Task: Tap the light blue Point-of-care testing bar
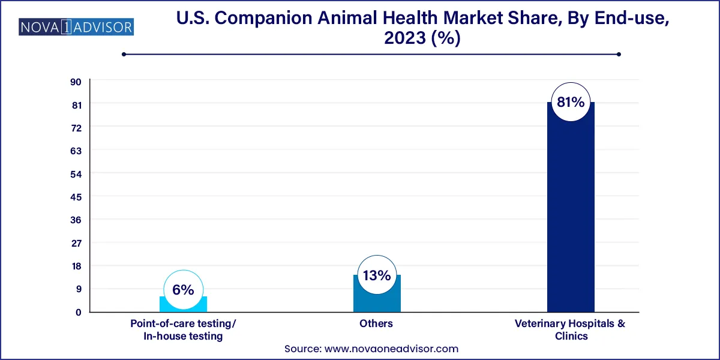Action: tap(183, 305)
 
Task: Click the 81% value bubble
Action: tap(571, 103)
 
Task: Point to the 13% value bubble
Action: tap(377, 276)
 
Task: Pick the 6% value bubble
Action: tap(183, 290)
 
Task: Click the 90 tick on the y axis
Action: tap(77, 82)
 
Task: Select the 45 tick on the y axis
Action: tap(77, 197)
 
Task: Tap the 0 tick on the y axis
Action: tap(78, 312)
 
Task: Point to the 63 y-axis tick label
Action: tap(77, 151)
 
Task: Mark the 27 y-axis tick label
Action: tap(77, 243)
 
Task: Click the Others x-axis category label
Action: tap(377, 323)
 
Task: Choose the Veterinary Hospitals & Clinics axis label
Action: tap(571, 330)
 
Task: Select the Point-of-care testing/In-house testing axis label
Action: tap(183, 330)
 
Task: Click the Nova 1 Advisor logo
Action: tap(76, 28)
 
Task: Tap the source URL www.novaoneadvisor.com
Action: tap(391, 349)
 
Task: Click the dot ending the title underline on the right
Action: tap(619, 54)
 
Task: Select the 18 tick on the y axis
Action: tap(77, 266)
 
